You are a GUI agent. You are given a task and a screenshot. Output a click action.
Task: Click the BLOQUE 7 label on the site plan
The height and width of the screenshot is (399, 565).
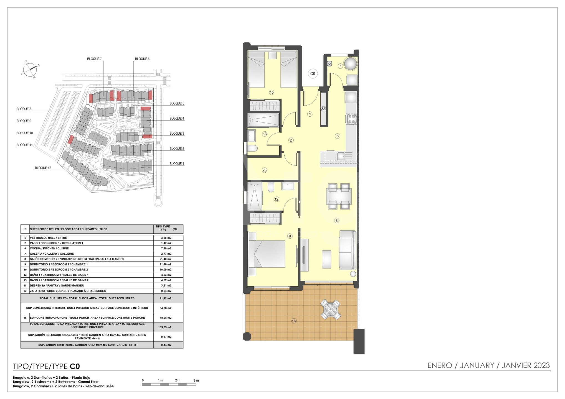(94, 59)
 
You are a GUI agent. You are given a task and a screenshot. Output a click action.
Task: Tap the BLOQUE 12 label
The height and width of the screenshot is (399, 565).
(43, 168)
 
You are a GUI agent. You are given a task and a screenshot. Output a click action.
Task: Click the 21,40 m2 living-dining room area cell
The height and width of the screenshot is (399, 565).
(166, 259)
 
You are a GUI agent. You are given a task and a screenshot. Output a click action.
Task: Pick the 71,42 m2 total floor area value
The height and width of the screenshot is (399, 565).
(166, 298)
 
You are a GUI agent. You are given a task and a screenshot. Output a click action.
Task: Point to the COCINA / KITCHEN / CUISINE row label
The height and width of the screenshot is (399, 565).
(49, 248)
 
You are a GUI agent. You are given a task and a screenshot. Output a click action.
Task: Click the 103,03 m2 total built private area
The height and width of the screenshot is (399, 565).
(166, 327)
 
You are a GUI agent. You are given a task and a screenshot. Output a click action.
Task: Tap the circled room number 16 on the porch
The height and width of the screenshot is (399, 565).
(294, 321)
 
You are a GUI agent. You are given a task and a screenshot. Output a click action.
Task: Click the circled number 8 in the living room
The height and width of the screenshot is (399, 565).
(336, 221)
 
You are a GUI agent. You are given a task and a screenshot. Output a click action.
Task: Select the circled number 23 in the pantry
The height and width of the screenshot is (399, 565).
(264, 170)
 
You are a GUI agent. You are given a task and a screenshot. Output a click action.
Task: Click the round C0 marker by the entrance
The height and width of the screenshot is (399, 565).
(313, 74)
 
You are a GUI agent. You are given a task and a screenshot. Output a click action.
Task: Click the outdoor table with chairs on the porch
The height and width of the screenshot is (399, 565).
(330, 310)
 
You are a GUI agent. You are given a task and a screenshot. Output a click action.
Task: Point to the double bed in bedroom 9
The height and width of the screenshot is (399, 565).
(267, 254)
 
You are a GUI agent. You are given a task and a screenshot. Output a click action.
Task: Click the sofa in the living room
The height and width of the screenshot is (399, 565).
(348, 250)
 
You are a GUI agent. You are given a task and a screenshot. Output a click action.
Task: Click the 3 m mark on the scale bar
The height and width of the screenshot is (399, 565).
(196, 380)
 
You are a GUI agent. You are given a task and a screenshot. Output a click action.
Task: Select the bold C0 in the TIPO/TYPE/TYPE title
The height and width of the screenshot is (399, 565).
(75, 367)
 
